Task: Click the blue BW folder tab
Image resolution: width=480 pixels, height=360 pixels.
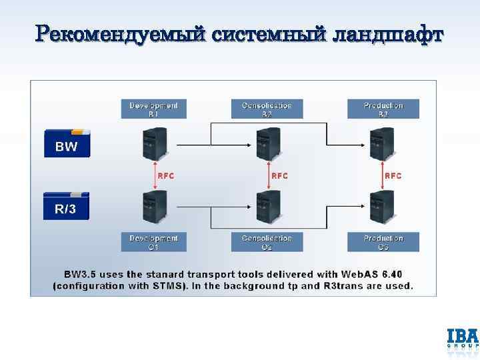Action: (67, 142)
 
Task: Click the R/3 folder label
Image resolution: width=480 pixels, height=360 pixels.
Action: (66, 207)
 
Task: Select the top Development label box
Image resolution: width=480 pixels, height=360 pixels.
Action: (154, 109)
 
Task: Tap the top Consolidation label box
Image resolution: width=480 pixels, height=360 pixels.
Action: (267, 109)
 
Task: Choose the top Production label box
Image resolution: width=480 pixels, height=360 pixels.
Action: (383, 109)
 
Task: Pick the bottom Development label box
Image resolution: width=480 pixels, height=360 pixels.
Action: (154, 242)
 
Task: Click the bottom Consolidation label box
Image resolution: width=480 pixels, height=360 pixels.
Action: (267, 242)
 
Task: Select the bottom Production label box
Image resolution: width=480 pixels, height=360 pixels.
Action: (383, 242)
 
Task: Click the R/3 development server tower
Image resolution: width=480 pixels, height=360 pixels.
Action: (154, 207)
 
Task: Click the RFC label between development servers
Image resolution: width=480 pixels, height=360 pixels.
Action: (167, 176)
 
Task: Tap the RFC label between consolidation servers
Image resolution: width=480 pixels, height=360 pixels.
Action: (279, 176)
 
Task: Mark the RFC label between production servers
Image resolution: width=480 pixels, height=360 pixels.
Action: (393, 176)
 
